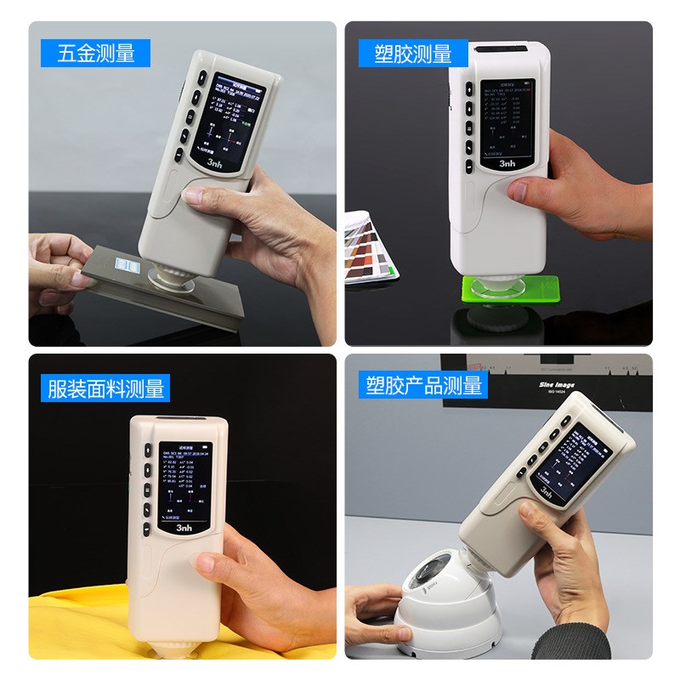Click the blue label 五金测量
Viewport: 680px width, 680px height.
(95, 54)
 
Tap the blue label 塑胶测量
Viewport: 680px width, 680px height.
(413, 54)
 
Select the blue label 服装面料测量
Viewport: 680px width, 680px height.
(106, 388)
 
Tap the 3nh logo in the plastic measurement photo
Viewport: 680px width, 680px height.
(507, 161)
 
